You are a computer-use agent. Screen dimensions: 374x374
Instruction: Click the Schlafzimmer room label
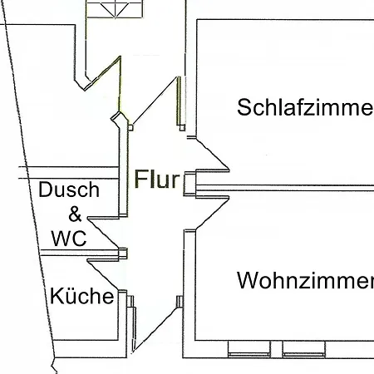point(304,107)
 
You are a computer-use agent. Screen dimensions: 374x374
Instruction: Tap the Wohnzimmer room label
point(304,280)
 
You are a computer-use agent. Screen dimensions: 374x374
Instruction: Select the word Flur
point(157,180)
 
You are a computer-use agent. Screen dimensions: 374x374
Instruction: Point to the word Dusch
point(69,189)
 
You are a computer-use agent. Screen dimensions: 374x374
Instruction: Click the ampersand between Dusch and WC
point(75,214)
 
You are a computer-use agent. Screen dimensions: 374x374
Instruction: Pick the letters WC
point(68,239)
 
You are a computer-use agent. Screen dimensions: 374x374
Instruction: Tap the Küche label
point(81,296)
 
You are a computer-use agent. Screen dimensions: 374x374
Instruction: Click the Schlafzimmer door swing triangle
point(212,156)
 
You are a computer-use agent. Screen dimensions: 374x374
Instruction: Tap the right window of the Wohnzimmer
point(306,347)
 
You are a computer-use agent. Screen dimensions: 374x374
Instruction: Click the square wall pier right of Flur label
point(189,181)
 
